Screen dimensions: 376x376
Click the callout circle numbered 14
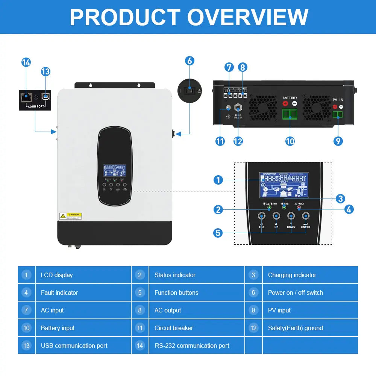pyautogui.click(x=26, y=62)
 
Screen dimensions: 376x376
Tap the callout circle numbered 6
pyautogui.click(x=190, y=61)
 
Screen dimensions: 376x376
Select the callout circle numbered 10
pyautogui.click(x=290, y=141)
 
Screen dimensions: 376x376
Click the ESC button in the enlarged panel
pyautogui.click(x=261, y=216)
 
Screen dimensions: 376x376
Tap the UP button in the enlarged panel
pyautogui.click(x=276, y=216)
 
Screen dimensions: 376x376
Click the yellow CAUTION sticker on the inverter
pyautogui.click(x=70, y=216)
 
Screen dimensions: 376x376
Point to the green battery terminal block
pyautogui.click(x=290, y=114)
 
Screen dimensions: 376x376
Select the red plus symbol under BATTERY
pyautogui.click(x=285, y=103)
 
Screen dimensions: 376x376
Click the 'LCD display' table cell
pyautogui.click(x=83, y=275)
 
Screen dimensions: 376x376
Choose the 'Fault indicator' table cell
pyautogui.click(x=83, y=293)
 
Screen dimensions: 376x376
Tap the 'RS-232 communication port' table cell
pyautogui.click(x=197, y=346)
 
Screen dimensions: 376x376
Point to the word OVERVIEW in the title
pyautogui.click(x=248, y=17)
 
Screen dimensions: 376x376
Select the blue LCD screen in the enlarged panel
pyautogui.click(x=284, y=185)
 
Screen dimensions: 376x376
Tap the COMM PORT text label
pyautogui.click(x=36, y=106)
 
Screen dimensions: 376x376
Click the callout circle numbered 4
pyautogui.click(x=349, y=209)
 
